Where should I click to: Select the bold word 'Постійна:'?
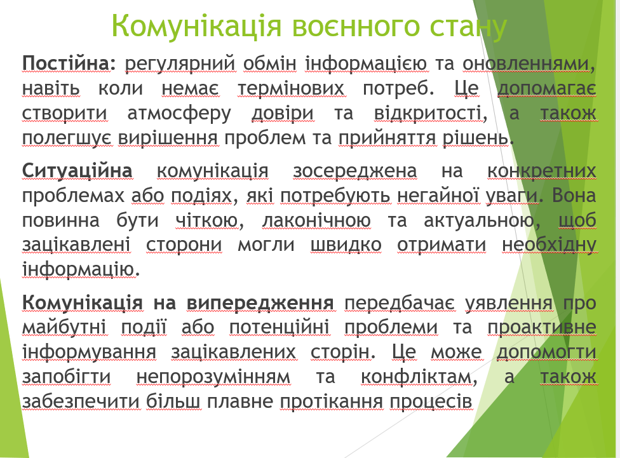[x=69, y=64]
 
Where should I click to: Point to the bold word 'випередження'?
[x=260, y=304]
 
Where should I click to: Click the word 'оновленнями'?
[x=529, y=64]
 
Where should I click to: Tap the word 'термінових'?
[x=291, y=89]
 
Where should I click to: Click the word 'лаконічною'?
[x=316, y=220]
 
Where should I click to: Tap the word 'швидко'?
[x=346, y=245]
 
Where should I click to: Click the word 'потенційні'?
[x=279, y=328]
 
